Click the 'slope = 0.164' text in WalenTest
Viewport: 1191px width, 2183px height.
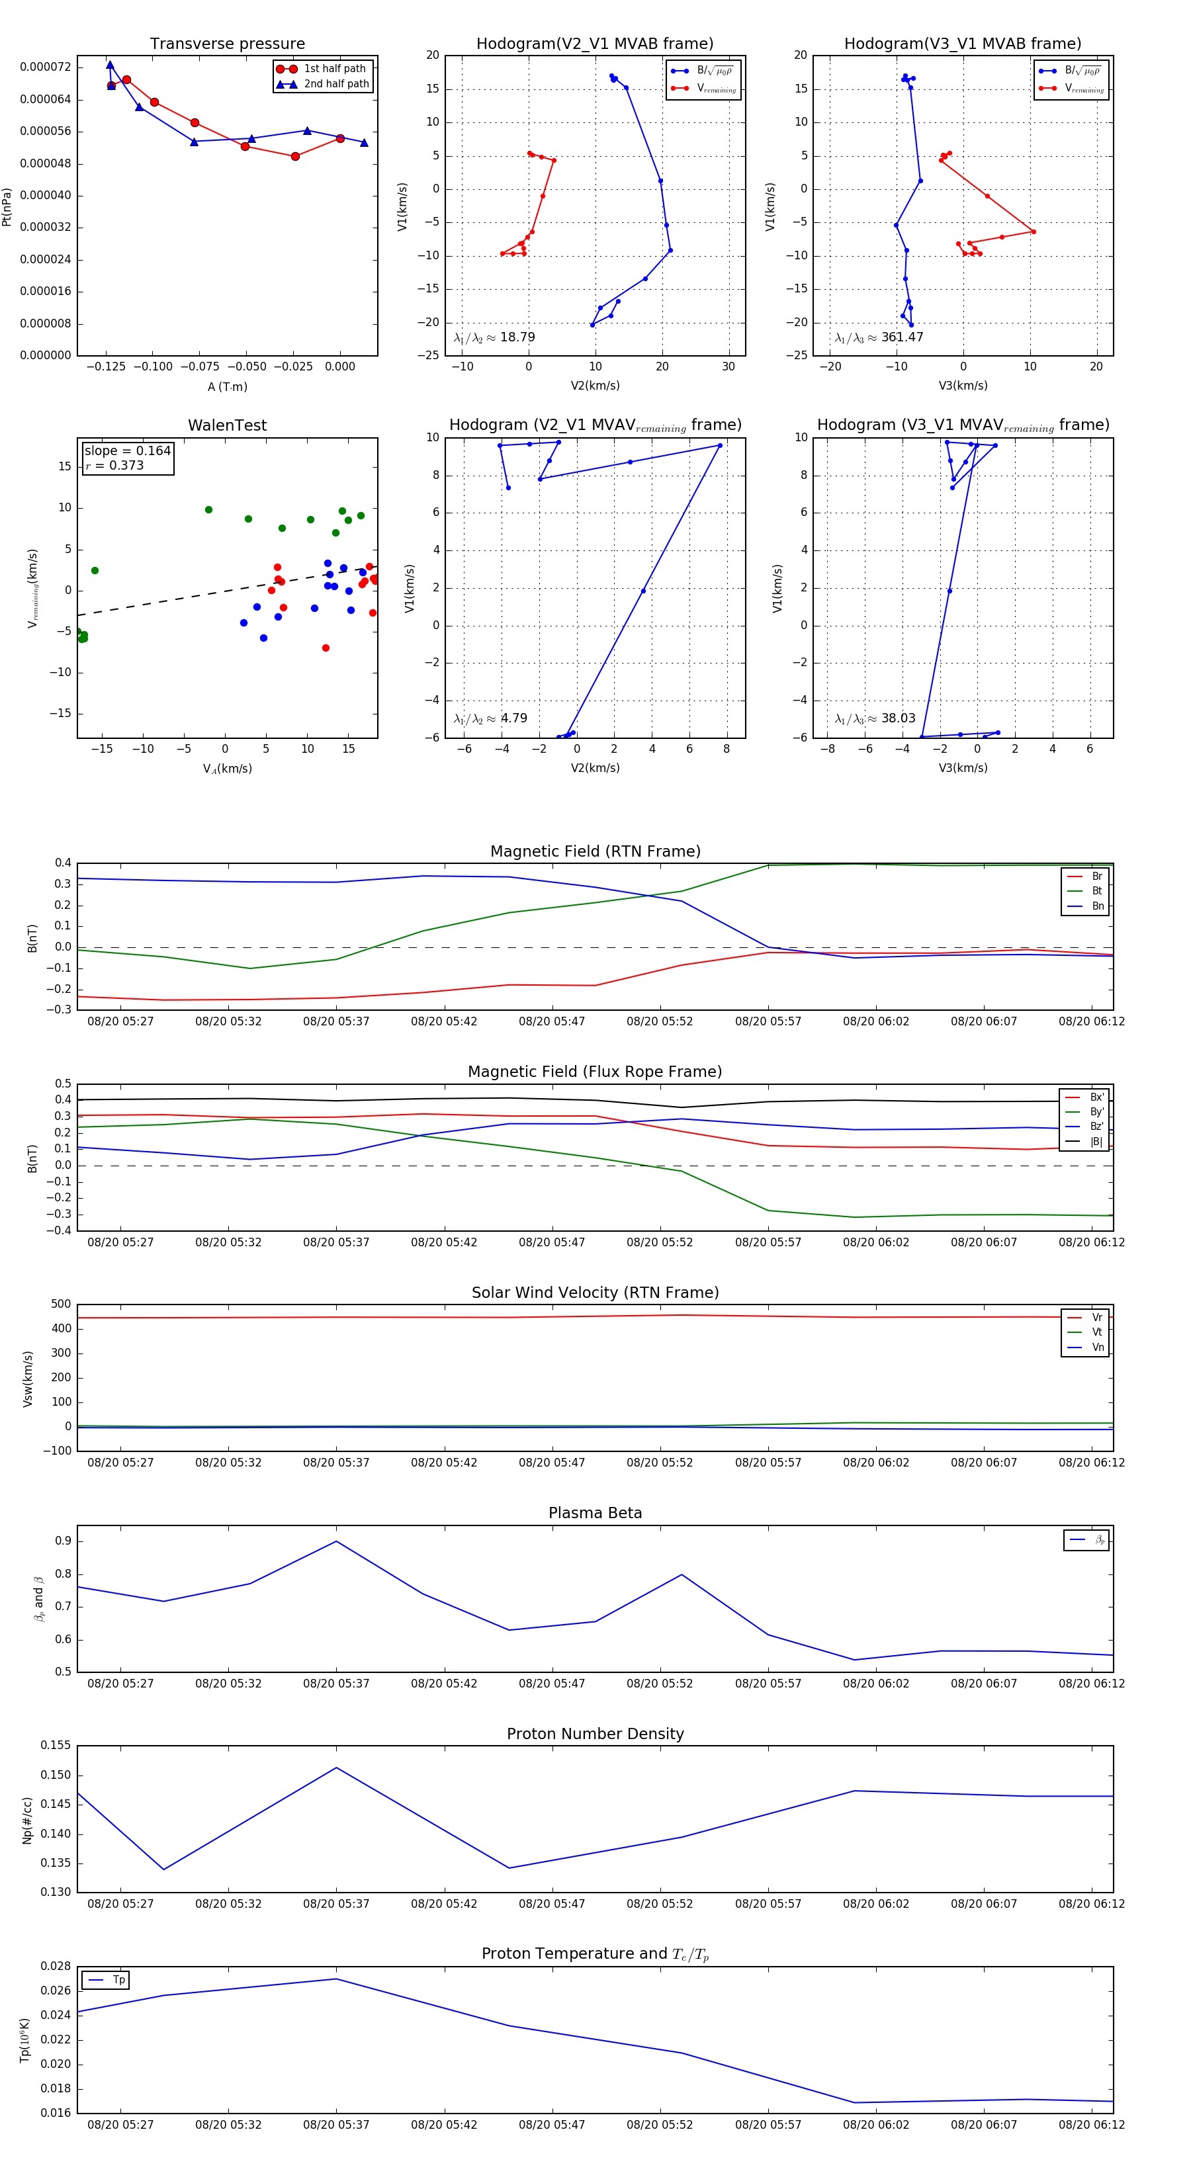pos(127,451)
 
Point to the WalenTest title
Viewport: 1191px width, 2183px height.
pos(227,425)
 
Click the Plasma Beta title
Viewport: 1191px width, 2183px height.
pos(595,1514)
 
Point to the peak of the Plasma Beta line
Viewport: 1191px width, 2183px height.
pos(337,1541)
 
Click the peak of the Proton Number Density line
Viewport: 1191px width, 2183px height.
pos(337,1768)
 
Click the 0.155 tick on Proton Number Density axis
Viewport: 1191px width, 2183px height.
pos(56,1746)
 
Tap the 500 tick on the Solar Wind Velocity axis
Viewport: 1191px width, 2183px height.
pos(61,1305)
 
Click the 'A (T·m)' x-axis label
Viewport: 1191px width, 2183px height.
pos(227,387)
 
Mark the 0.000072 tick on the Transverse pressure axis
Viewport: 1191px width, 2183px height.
pos(46,67)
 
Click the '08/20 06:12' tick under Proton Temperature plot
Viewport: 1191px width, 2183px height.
pos(1091,2125)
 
